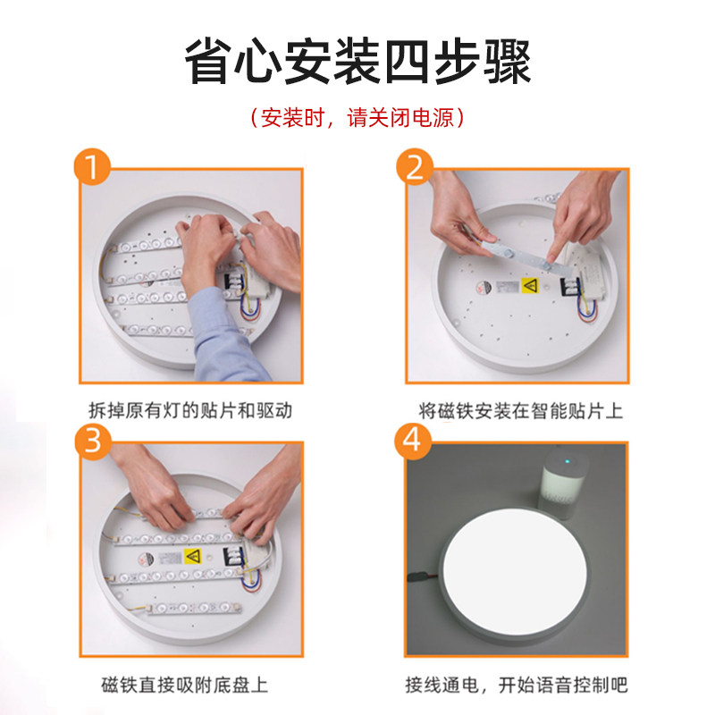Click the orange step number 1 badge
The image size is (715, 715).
point(93,167)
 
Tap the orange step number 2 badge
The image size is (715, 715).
point(415,167)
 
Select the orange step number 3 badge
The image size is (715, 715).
point(93,442)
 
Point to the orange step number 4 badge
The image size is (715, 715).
point(412,441)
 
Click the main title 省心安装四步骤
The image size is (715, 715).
point(358,62)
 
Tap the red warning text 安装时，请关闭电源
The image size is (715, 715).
point(357,118)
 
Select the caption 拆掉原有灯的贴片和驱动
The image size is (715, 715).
point(190,410)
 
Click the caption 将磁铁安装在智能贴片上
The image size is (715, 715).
point(521,411)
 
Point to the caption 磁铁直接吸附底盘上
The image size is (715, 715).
point(184,685)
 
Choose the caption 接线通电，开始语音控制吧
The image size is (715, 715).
point(517,685)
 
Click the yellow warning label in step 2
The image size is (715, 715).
point(529,285)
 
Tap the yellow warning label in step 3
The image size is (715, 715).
point(192,556)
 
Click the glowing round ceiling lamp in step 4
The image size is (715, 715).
point(516,576)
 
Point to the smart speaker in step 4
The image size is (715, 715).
point(562,484)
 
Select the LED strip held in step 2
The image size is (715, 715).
point(522,257)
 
